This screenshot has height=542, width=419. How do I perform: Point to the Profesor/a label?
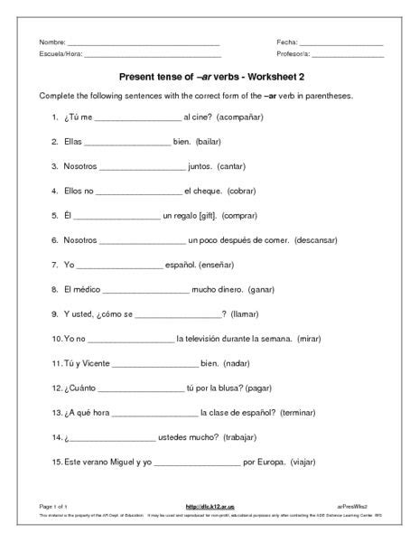coord(294,55)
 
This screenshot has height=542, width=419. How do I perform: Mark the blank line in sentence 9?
coord(176,314)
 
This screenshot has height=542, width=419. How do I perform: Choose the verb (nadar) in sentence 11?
coord(243,362)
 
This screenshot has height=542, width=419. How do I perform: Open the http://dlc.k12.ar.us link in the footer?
coord(209,509)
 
